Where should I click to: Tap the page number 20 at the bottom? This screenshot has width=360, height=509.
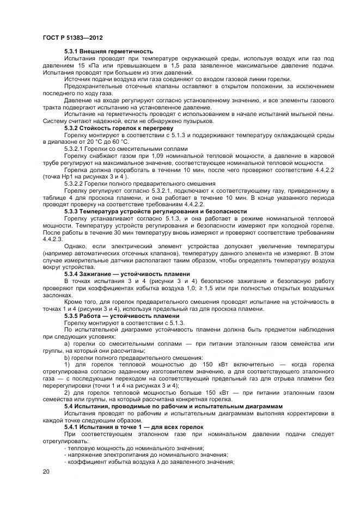[x=45, y=471]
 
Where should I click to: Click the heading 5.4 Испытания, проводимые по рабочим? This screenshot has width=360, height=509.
[x=173, y=406]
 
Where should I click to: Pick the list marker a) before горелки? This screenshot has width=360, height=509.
[x=68, y=344]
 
